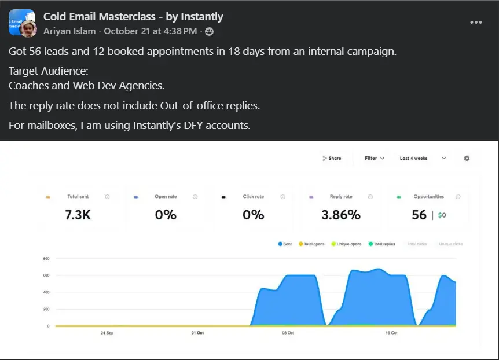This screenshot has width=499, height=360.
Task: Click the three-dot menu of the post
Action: [x=476, y=22]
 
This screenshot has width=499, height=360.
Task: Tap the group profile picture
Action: [x=21, y=23]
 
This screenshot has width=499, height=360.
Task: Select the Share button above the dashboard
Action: [x=332, y=158]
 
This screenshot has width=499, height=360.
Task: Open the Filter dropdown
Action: [x=374, y=158]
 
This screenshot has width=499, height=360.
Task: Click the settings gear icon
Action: [x=467, y=158]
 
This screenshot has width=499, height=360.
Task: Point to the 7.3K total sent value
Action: [x=78, y=215]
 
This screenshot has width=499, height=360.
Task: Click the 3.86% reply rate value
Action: [x=341, y=215]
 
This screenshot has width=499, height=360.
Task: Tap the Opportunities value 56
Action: [x=419, y=215]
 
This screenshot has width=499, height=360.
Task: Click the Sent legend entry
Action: [x=285, y=244]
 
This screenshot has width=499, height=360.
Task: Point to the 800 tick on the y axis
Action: [x=46, y=258]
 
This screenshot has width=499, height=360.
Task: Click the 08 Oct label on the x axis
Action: [x=288, y=333]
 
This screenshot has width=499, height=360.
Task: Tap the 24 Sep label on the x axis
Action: [x=107, y=333]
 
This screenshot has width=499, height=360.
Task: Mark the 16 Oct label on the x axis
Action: [x=391, y=333]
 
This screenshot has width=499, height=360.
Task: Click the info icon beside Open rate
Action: [x=195, y=197]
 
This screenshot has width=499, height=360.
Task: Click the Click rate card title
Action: [x=253, y=197]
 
